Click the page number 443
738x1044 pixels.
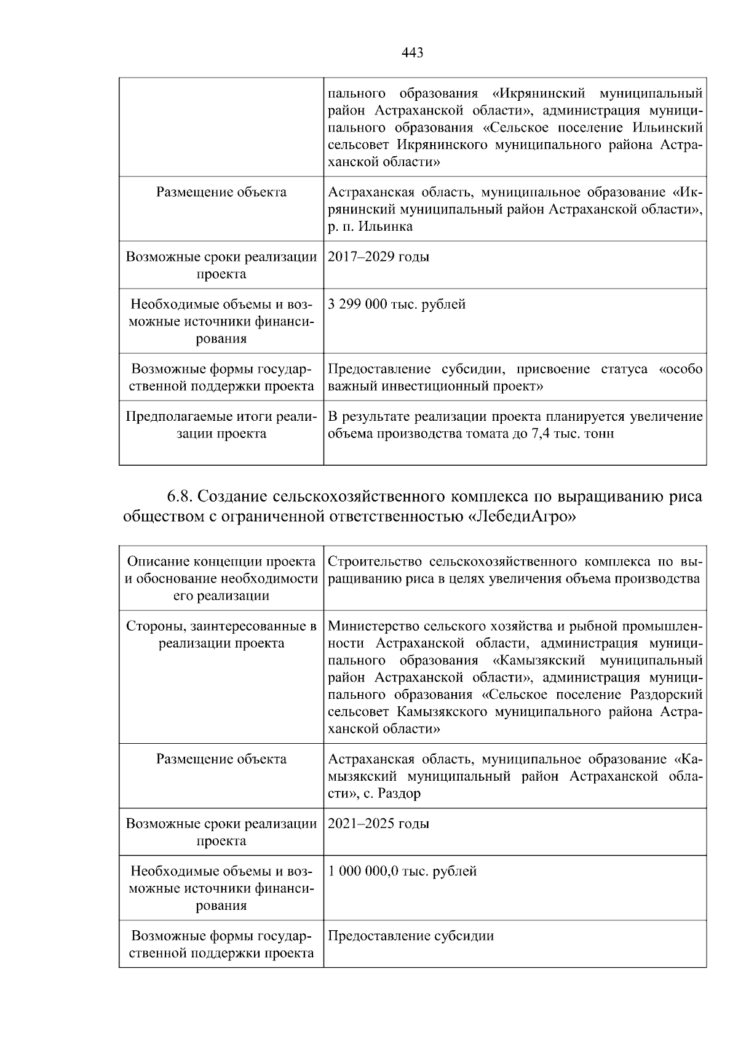pos(412,54)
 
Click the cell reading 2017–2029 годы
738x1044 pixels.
pos(378,257)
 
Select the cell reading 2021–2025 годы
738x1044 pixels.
pos(378,824)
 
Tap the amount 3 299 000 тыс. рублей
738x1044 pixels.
pos(397,305)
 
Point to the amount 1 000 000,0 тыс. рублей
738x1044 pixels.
pos(402,872)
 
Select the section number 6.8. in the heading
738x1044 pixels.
pos(180,496)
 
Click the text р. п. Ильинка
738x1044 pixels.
pos(370,226)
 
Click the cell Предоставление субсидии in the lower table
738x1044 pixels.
pos(410,936)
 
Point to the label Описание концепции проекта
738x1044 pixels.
pos(221,561)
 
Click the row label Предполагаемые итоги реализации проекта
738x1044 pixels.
pos(221,425)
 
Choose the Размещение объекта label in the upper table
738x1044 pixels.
pos(221,193)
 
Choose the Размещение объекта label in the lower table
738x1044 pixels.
pos(221,759)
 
